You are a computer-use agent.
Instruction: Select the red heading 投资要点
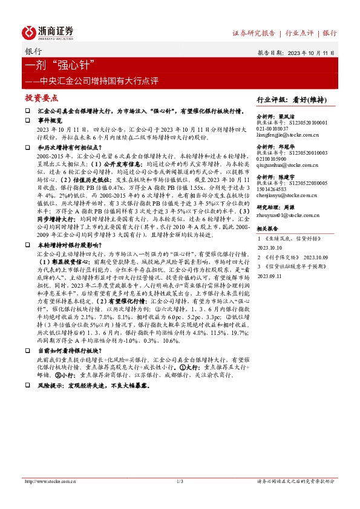click(42, 97)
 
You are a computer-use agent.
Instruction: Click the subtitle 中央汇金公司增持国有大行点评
click(91, 79)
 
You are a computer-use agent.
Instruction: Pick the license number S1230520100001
click(306, 122)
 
